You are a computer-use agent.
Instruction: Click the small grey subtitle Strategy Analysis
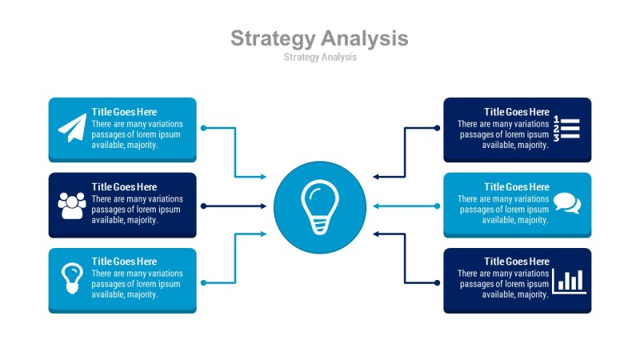pyautogui.click(x=319, y=58)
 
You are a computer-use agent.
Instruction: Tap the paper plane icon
pyautogui.click(x=72, y=128)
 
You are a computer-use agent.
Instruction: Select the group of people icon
pyautogui.click(x=72, y=206)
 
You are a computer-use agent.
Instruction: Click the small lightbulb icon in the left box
pyautogui.click(x=72, y=277)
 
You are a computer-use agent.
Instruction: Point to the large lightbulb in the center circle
pyautogui.click(x=319, y=207)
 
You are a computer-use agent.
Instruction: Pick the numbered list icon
pyautogui.click(x=566, y=128)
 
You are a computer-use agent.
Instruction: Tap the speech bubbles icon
pyautogui.click(x=566, y=203)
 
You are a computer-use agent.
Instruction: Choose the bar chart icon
pyautogui.click(x=569, y=280)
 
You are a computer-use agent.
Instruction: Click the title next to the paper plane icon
pyautogui.click(x=124, y=112)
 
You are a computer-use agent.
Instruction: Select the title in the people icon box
pyautogui.click(x=124, y=187)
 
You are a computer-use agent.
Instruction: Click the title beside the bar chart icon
pyautogui.click(x=517, y=262)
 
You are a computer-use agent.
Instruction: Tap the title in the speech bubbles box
pyautogui.click(x=517, y=187)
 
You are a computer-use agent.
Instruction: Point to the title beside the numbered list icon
pyautogui.click(x=517, y=112)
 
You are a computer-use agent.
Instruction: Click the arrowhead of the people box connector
pyautogui.click(x=263, y=206)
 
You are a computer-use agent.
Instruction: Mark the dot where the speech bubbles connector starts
pyautogui.click(x=437, y=206)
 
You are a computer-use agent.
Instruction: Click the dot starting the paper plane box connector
pyautogui.click(x=203, y=128)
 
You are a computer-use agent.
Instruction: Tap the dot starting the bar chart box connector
pyautogui.click(x=437, y=282)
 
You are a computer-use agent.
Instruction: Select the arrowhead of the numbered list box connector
pyautogui.click(x=376, y=177)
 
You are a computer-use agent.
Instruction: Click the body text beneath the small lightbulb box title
pyautogui.click(x=137, y=284)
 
